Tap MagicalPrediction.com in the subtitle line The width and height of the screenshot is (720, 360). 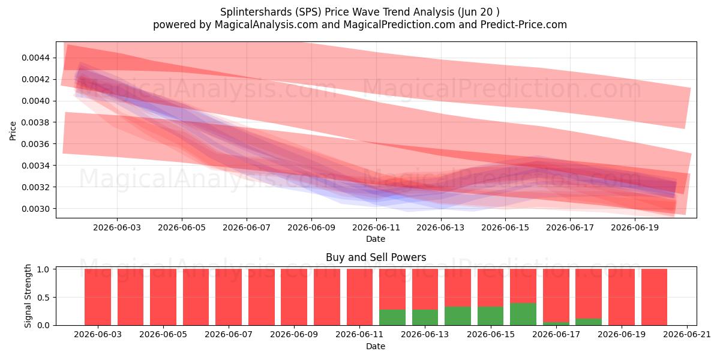pyautogui.click(x=399, y=25)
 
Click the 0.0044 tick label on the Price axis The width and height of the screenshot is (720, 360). pyautogui.click(x=35, y=58)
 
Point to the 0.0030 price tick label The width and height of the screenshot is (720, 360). pyautogui.click(x=35, y=209)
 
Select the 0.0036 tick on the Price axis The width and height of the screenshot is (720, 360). pyautogui.click(x=35, y=144)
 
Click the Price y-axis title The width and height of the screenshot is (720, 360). pyautogui.click(x=13, y=131)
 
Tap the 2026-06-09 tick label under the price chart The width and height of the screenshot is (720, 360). pyautogui.click(x=311, y=228)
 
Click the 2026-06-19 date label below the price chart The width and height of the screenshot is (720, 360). pyautogui.click(x=635, y=228)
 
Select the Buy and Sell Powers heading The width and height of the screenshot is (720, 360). pyautogui.click(x=376, y=257)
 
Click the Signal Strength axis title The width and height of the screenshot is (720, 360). pyautogui.click(x=28, y=296)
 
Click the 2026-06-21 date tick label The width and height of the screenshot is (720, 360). pyautogui.click(x=687, y=335)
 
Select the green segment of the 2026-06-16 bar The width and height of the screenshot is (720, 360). pyautogui.click(x=523, y=314)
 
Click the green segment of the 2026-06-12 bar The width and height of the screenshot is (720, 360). pyautogui.click(x=392, y=317)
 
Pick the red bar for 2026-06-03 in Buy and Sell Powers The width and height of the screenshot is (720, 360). pyautogui.click(x=98, y=297)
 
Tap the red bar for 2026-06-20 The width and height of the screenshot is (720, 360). pyautogui.click(x=654, y=297)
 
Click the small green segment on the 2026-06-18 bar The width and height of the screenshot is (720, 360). pyautogui.click(x=589, y=322)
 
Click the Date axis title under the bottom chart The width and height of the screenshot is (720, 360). pyautogui.click(x=376, y=347)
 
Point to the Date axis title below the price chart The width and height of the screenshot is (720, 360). pyautogui.click(x=376, y=239)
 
